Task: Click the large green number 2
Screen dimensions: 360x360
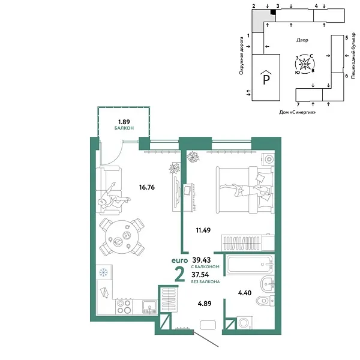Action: (179, 274)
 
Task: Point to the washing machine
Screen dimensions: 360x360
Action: (245, 323)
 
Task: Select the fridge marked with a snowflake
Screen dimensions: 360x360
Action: (103, 271)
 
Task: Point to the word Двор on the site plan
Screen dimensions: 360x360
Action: (302, 40)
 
